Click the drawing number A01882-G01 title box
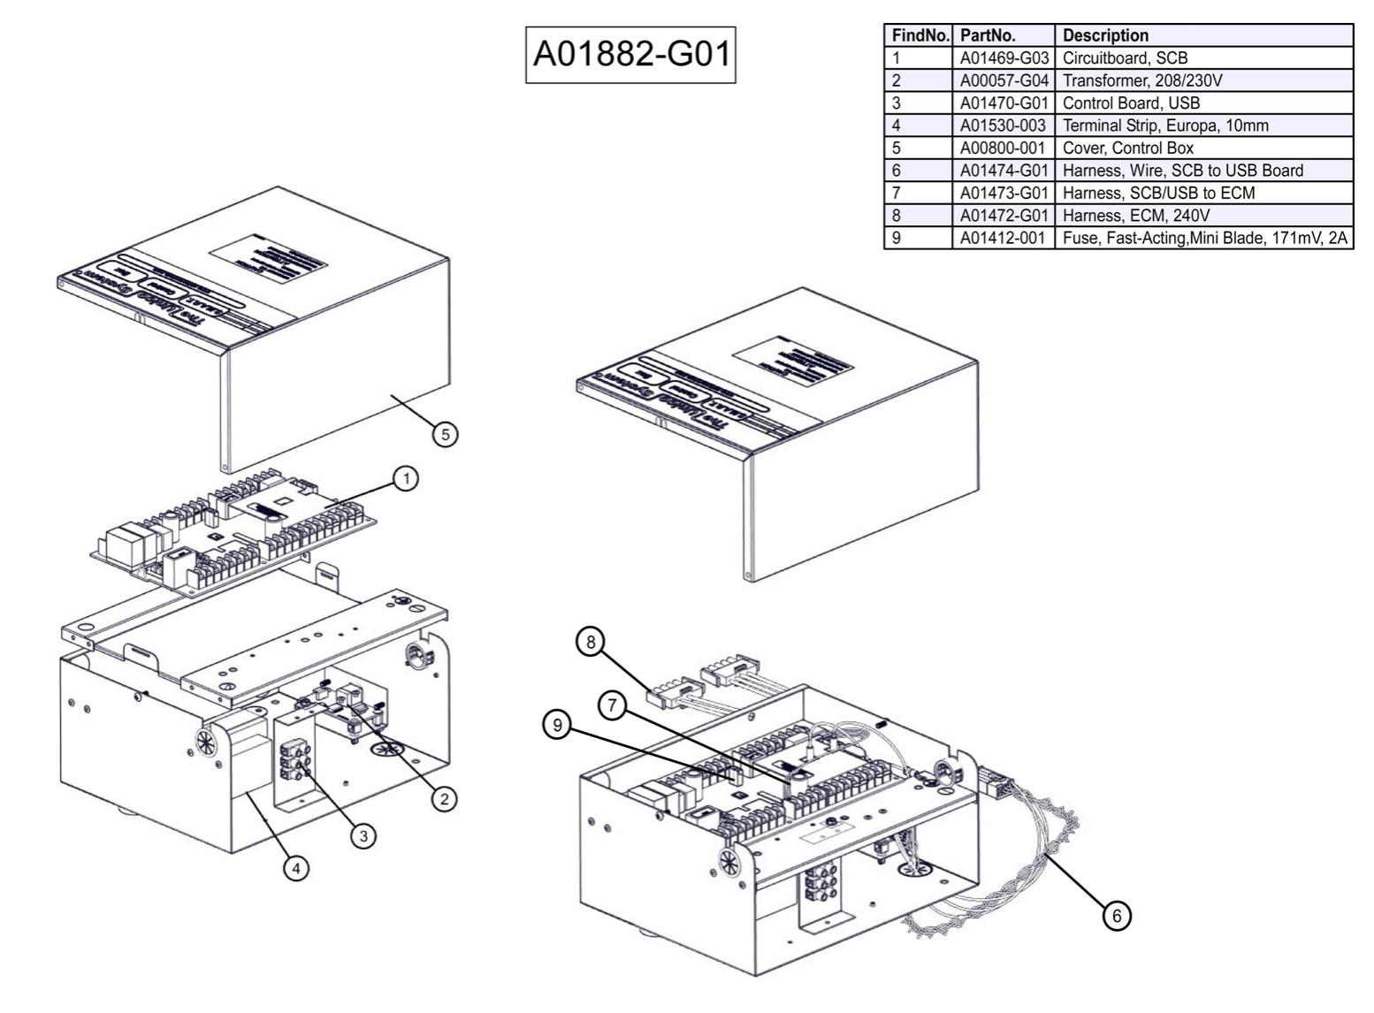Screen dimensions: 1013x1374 pyautogui.click(x=630, y=55)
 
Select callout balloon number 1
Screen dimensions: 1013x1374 pyautogui.click(x=405, y=479)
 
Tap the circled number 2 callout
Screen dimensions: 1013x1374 pyautogui.click(x=443, y=799)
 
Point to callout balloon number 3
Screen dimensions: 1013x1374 pyautogui.click(x=363, y=835)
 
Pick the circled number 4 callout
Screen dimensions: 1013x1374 pyautogui.click(x=295, y=869)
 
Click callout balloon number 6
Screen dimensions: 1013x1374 pyautogui.click(x=1116, y=916)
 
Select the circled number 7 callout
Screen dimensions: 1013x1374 pyautogui.click(x=612, y=705)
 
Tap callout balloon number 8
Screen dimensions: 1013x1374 pyautogui.click(x=590, y=641)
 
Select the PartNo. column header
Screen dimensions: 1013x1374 pyautogui.click(x=988, y=35)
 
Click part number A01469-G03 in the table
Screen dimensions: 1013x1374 pyautogui.click(x=1004, y=58)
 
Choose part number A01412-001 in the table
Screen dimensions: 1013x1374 pyautogui.click(x=1003, y=238)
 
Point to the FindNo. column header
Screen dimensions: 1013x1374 pyautogui.click(x=920, y=35)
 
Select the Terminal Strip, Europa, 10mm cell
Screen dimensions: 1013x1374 pyautogui.click(x=1164, y=126)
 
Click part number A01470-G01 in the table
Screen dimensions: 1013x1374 pyautogui.click(x=1004, y=103)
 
